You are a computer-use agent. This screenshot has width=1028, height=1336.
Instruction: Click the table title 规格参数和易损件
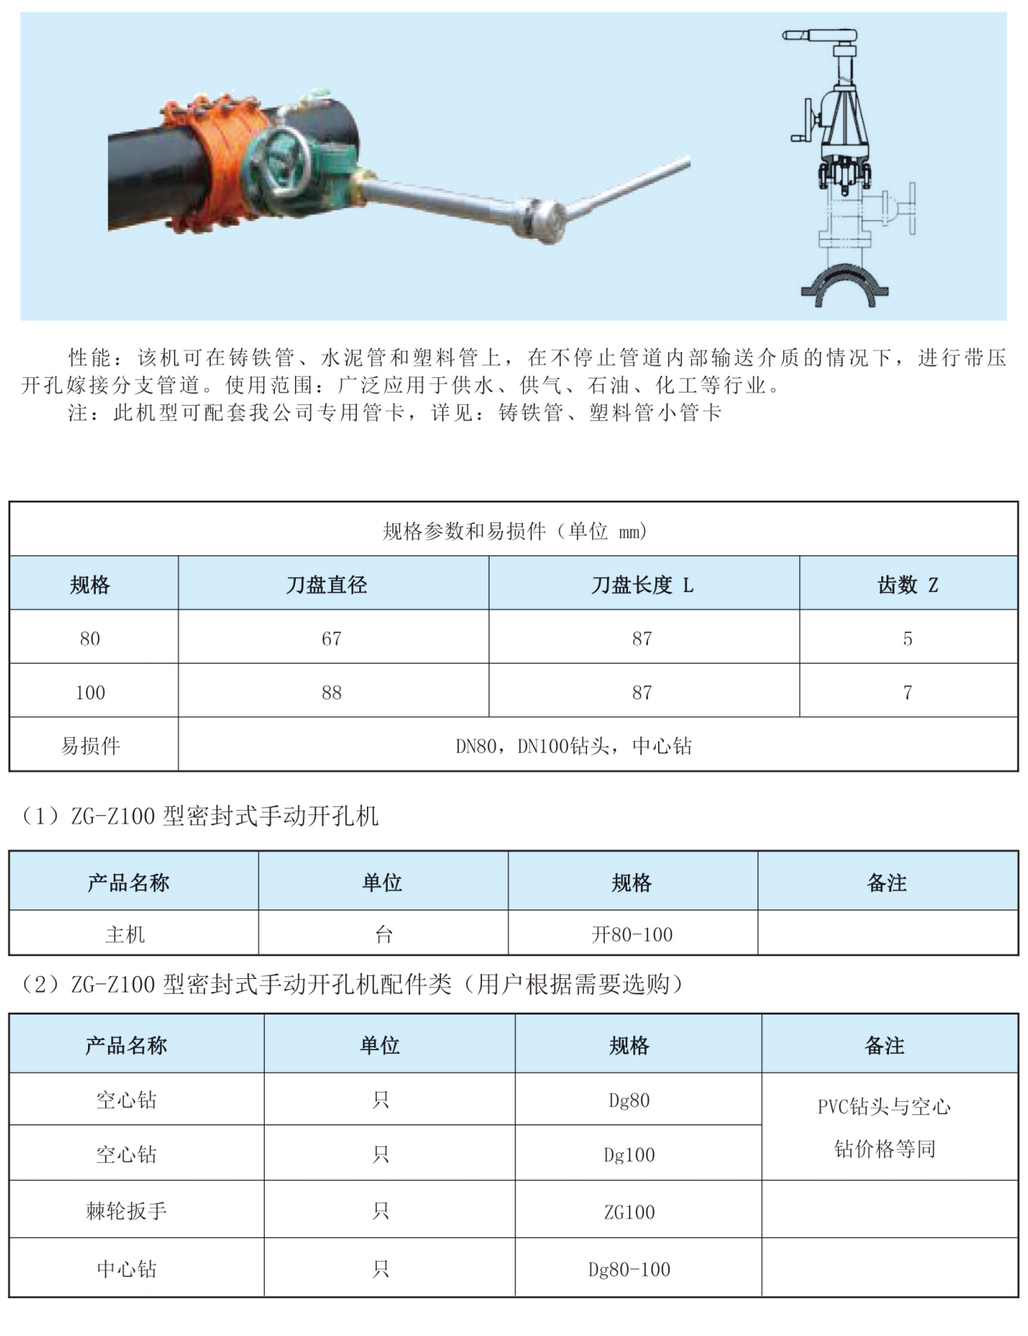pyautogui.click(x=514, y=531)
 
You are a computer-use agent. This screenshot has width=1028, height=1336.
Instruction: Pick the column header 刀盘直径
pyautogui.click(x=327, y=585)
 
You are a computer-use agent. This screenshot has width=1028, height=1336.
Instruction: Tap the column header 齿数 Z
pyautogui.click(x=908, y=585)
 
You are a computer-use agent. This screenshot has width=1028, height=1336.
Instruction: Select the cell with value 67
pyautogui.click(x=331, y=638)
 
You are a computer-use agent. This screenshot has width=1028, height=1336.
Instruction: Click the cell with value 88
pyautogui.click(x=331, y=692)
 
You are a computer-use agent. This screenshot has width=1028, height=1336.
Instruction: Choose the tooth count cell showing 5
pyautogui.click(x=908, y=638)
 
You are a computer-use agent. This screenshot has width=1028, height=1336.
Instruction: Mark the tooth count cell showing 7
pyautogui.click(x=908, y=692)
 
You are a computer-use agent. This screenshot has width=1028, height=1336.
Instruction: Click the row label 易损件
pyautogui.click(x=91, y=746)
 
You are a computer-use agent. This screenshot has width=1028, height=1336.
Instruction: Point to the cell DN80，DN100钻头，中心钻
pyautogui.click(x=573, y=746)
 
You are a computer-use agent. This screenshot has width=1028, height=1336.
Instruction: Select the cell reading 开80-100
pyautogui.click(x=632, y=934)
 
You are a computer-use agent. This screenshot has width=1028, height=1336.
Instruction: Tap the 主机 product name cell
pyautogui.click(x=125, y=934)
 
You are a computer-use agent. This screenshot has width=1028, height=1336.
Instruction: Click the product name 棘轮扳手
pyautogui.click(x=127, y=1211)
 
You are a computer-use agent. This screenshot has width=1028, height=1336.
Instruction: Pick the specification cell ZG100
pyautogui.click(x=629, y=1212)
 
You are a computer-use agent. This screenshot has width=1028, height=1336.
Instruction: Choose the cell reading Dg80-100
pyautogui.click(x=629, y=1269)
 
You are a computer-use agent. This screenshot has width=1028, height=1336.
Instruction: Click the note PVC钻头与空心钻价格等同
pyautogui.click(x=884, y=1127)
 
